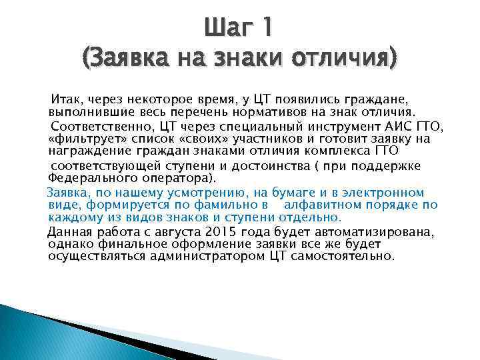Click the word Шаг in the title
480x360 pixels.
click(228, 29)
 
